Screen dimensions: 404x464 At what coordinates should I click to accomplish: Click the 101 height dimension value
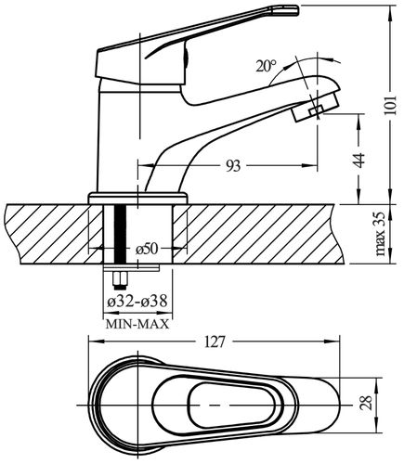390,105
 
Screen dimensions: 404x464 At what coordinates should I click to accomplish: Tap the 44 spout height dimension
359,160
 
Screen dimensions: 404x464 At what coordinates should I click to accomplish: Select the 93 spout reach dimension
233,166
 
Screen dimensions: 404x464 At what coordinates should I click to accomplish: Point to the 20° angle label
266,66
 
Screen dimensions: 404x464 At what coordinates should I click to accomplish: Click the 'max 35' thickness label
381,234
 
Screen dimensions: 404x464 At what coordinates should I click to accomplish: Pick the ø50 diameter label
147,249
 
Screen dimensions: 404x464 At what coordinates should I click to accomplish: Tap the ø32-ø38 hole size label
137,301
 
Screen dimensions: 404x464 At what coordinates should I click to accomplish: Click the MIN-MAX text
137,324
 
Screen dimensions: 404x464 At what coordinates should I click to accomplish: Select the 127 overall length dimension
214,342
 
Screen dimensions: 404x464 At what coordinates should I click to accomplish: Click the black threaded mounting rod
120,235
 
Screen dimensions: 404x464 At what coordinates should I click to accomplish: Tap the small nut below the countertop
120,280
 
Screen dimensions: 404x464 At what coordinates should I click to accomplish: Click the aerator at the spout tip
316,109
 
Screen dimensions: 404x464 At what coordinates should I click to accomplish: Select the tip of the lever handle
298,10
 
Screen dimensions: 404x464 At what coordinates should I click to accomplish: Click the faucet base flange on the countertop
138,198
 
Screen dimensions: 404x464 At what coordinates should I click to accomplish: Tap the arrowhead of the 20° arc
334,59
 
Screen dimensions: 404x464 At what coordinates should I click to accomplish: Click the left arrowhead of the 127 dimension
96,341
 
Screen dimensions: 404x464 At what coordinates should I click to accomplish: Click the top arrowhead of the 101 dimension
389,12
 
